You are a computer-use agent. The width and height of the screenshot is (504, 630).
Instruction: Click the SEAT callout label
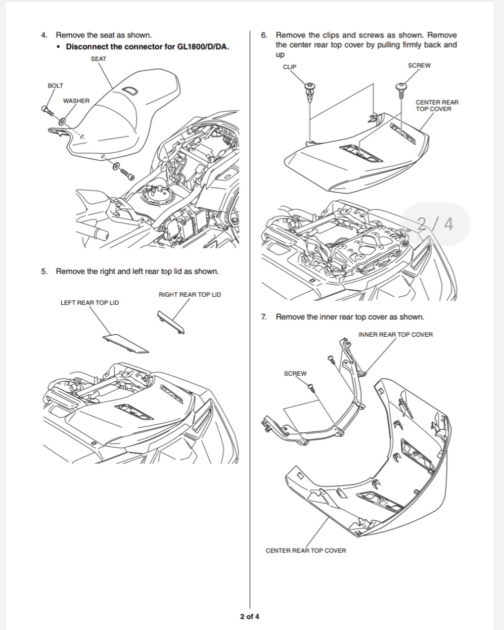[x=99, y=59]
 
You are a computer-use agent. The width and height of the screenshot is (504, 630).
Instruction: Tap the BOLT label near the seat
[x=55, y=86]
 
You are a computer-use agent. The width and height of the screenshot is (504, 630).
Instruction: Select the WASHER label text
[x=76, y=101]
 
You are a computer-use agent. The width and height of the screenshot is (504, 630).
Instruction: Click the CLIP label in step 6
[x=290, y=67]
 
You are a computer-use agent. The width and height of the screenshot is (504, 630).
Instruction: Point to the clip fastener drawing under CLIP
[x=310, y=92]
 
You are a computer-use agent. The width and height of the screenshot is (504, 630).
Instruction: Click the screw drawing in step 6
[x=401, y=90]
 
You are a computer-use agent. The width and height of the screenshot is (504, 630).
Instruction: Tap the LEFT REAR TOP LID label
[x=89, y=303]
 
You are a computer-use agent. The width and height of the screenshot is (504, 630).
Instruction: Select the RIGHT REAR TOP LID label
[x=190, y=294]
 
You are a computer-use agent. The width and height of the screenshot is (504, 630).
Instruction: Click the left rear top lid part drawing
[x=125, y=343]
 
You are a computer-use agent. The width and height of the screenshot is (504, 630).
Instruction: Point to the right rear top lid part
[x=171, y=322]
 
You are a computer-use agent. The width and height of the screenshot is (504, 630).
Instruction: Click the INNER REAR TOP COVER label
[x=395, y=334]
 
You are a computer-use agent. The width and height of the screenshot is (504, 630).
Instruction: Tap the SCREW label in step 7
[x=295, y=374]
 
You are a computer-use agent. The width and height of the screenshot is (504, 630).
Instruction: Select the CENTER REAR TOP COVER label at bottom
[x=305, y=551]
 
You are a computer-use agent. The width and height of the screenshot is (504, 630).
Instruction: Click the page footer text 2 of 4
[x=250, y=616]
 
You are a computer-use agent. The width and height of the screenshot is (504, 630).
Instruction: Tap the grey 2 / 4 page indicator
[x=435, y=224]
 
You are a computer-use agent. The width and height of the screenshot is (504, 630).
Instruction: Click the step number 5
[x=44, y=272]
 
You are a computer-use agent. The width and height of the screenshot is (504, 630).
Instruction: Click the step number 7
[x=264, y=317]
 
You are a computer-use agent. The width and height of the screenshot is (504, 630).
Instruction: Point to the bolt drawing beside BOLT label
[x=48, y=111]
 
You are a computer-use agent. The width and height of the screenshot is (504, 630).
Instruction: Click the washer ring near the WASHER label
[x=62, y=121]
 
